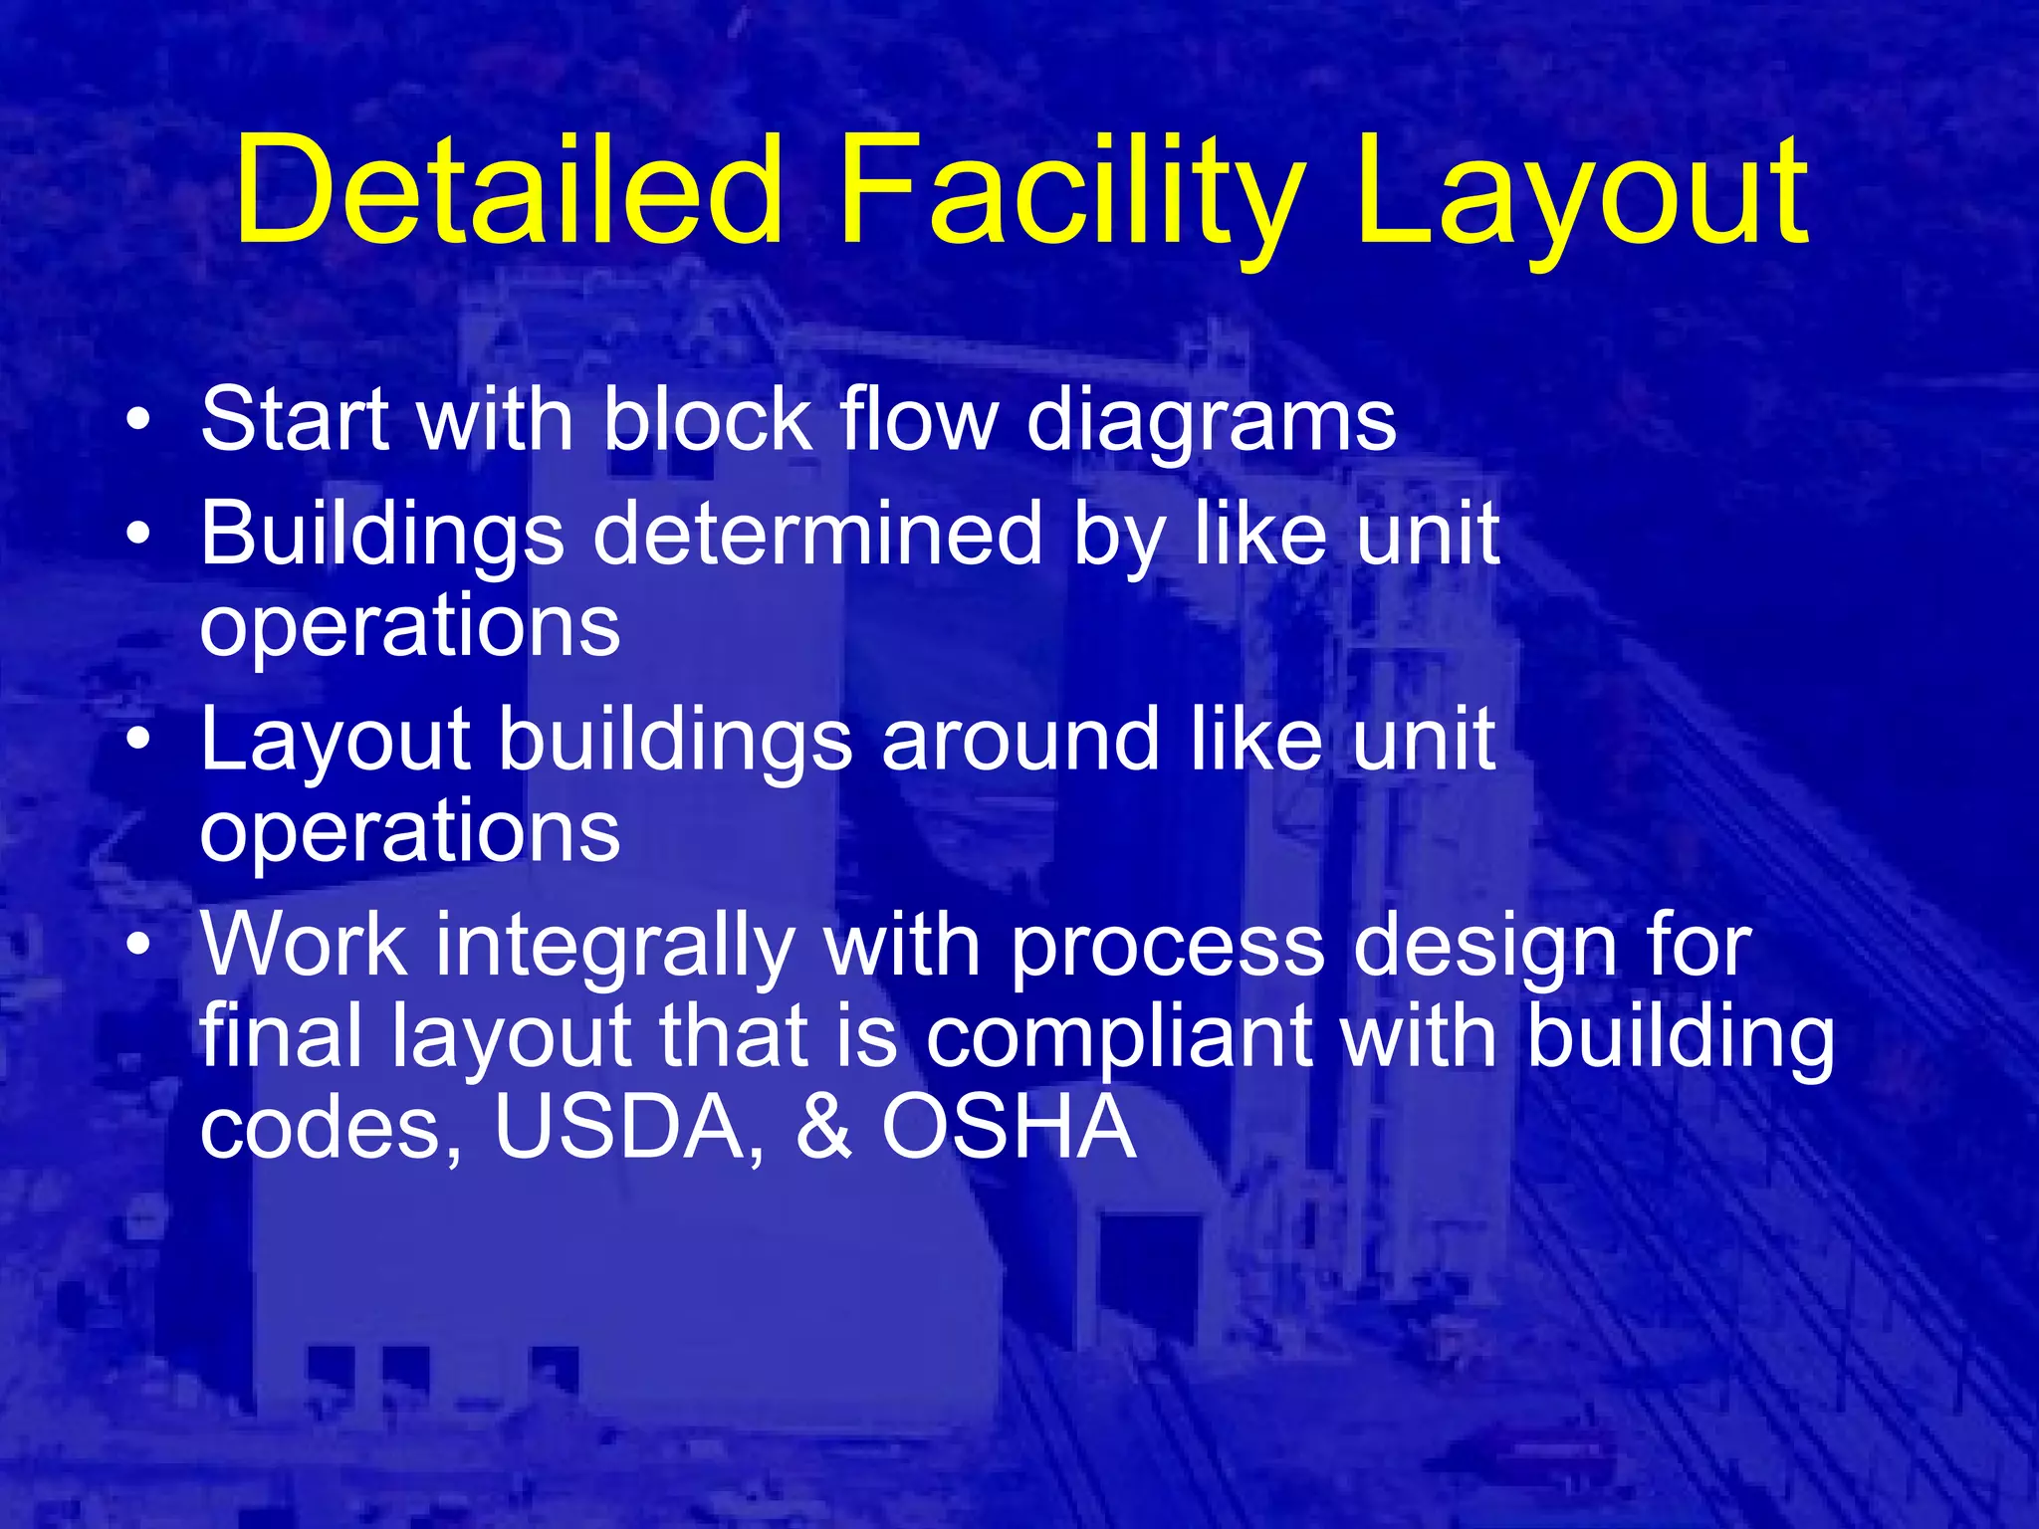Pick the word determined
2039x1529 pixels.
click(817, 535)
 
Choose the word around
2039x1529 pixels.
click(1020, 741)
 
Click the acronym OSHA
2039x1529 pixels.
click(1009, 1127)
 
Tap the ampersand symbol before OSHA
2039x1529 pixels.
click(823, 1127)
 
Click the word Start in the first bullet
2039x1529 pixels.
click(295, 419)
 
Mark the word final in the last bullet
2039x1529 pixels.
click(282, 1036)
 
